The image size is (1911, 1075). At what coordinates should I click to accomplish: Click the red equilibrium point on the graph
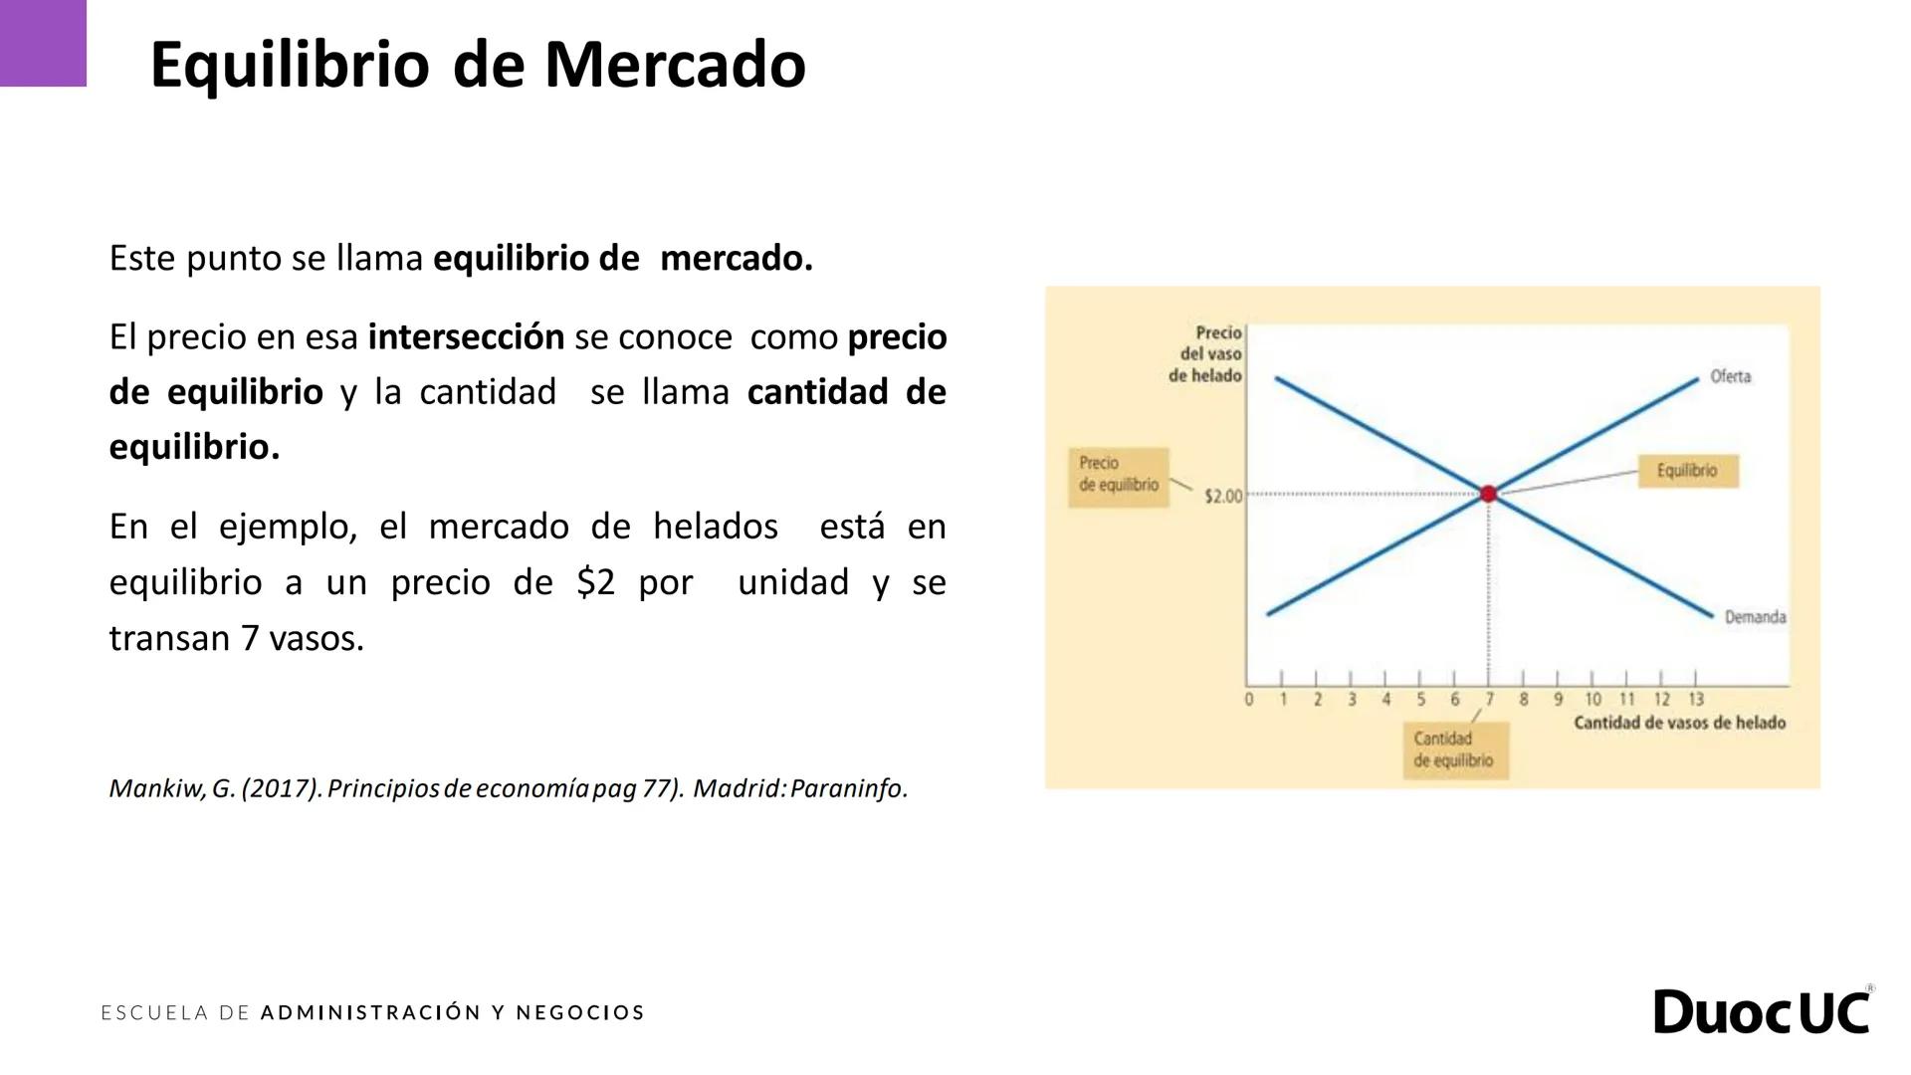point(1488,494)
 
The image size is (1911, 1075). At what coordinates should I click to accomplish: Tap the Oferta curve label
point(1730,376)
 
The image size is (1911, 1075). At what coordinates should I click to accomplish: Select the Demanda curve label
point(1755,617)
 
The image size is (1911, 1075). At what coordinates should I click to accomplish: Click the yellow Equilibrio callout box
point(1688,471)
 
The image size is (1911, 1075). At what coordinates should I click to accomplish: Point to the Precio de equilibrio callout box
point(1119,475)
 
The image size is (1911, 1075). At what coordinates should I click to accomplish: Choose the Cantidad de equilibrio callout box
point(1454,750)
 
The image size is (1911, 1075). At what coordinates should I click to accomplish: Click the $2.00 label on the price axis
point(1223,496)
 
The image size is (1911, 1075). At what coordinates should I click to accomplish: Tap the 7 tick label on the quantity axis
point(1489,700)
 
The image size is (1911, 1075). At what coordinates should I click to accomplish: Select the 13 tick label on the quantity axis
point(1696,700)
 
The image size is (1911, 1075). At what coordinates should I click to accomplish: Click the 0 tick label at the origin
point(1249,700)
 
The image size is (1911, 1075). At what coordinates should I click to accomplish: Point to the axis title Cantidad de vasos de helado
point(1679,723)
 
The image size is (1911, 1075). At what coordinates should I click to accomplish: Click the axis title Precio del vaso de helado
point(1206,354)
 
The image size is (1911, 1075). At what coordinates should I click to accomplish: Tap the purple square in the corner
point(43,43)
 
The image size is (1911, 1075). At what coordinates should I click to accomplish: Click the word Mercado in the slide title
point(675,65)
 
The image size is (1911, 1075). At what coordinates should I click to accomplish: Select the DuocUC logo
point(1763,1011)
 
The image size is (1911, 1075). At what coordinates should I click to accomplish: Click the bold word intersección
point(466,337)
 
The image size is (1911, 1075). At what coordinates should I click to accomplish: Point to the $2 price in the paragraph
point(595,582)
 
